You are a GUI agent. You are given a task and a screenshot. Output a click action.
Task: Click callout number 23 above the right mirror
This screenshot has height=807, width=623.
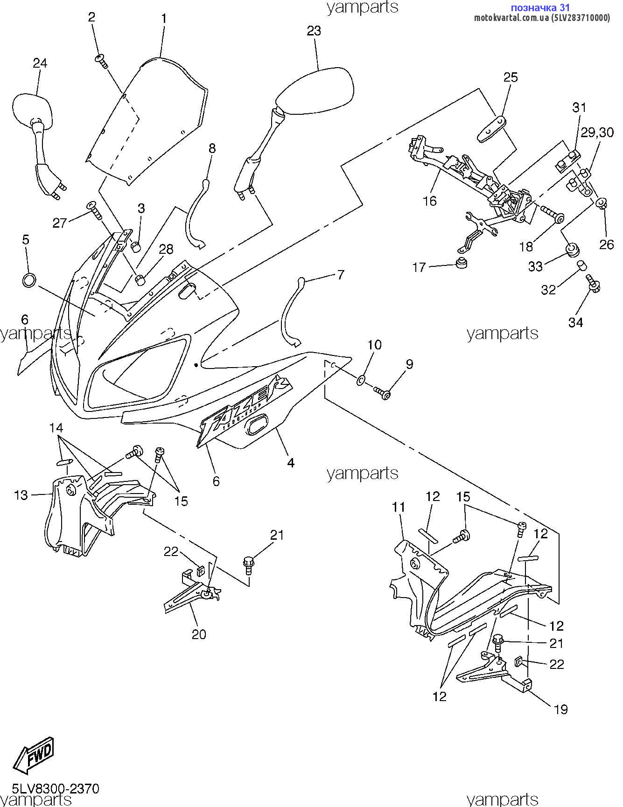tap(314, 31)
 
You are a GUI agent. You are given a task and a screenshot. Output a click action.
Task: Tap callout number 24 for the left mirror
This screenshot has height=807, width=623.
tap(40, 63)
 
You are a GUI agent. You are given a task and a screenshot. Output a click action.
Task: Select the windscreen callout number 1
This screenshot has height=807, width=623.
tap(164, 19)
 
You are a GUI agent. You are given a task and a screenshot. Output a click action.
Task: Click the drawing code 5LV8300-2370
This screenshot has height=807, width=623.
tap(56, 788)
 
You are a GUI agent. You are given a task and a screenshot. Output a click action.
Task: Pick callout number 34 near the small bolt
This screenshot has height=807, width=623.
tap(575, 322)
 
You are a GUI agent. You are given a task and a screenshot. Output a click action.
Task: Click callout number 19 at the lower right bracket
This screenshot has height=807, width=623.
tap(561, 710)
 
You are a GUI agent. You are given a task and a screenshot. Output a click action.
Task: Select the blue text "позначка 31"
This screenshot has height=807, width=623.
tap(540, 7)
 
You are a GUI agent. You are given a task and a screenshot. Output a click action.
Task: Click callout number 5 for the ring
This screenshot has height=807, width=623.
tap(26, 240)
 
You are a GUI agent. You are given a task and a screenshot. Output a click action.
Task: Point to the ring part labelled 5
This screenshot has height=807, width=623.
tap(29, 281)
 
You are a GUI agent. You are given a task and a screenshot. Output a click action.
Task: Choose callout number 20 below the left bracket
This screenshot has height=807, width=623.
tap(199, 634)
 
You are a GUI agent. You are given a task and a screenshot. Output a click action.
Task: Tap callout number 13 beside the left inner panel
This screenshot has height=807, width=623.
tap(21, 495)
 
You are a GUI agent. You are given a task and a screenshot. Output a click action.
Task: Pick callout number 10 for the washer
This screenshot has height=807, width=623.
tap(374, 345)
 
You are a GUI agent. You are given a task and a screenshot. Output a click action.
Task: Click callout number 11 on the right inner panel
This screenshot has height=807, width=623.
tap(399, 507)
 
